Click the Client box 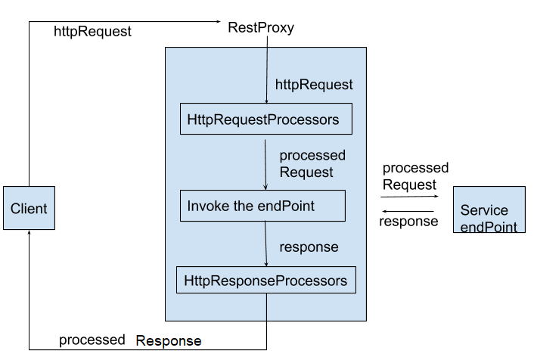[29, 209]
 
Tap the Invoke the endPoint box [262, 206]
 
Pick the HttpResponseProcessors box [265, 281]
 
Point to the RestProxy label [261, 28]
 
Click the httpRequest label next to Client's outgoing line [92, 32]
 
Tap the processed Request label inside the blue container [312, 163]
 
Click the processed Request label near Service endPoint [414, 176]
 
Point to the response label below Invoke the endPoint [309, 247]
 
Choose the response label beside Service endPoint [408, 222]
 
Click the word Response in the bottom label [169, 340]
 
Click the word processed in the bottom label [92, 340]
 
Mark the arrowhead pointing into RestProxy [218, 22]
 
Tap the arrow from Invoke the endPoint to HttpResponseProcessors [265, 244]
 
